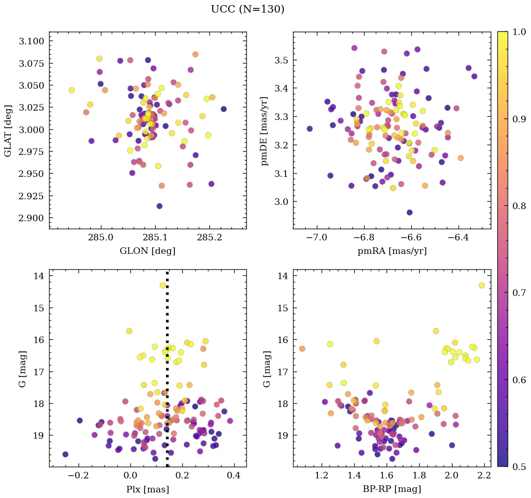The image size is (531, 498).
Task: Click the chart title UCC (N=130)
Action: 247,9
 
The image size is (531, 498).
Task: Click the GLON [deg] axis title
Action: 147,251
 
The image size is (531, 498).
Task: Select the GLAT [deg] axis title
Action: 8,130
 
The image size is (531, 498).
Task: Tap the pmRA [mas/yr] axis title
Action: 392,251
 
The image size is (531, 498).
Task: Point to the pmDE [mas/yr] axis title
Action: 265,130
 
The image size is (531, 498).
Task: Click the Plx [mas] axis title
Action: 147,489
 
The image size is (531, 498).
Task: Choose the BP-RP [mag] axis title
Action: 392,489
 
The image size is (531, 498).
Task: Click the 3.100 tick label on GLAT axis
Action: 31,41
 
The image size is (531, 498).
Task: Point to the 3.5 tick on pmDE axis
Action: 281,60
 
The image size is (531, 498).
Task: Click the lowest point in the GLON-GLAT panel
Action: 159,206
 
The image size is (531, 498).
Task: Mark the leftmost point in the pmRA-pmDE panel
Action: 309,129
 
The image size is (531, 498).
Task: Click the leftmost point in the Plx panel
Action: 65,454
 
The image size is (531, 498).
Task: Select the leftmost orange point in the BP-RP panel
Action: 302,349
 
